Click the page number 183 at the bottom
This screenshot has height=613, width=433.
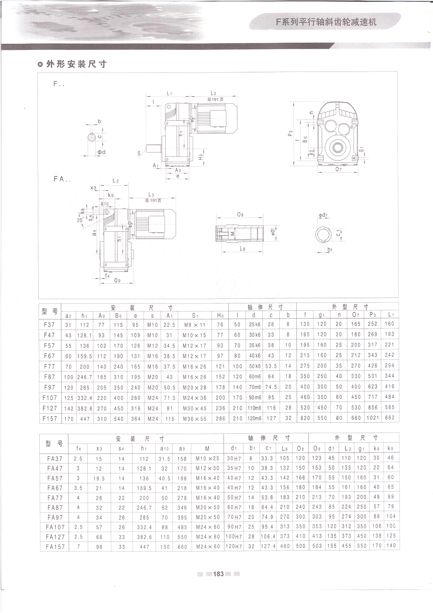(218, 574)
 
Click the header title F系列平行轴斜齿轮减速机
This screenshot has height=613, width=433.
(326, 22)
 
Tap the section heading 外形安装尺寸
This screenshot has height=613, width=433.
(76, 64)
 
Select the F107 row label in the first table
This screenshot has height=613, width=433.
(50, 398)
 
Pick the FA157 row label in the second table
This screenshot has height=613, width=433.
(55, 547)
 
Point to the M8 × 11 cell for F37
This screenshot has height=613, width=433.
(194, 325)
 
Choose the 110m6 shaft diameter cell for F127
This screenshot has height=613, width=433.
(254, 408)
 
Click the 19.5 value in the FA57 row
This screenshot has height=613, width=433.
(99, 478)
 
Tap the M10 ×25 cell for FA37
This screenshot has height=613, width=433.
(207, 458)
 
